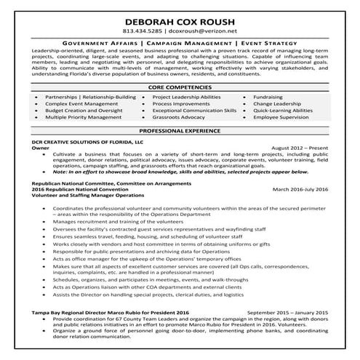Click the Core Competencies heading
[180, 87]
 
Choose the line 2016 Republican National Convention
[80, 189]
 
